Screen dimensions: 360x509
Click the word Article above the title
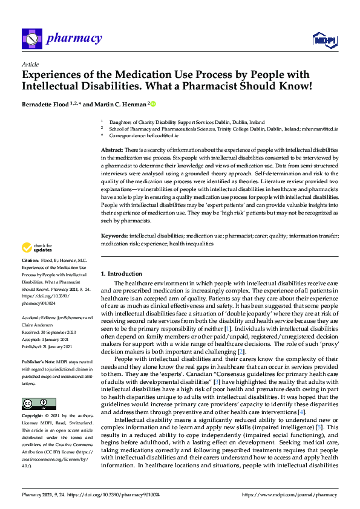(x=30, y=64)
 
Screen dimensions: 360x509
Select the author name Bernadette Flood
(x=47, y=104)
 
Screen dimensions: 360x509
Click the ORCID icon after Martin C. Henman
(x=154, y=104)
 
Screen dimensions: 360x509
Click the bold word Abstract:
(x=111, y=149)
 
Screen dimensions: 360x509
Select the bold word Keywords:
(x=113, y=236)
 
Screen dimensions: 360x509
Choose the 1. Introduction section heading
(x=122, y=274)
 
